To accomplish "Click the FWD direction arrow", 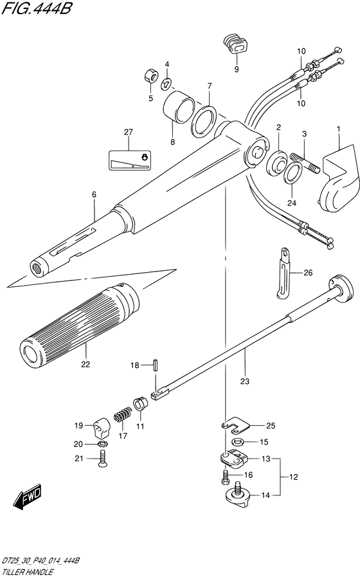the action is [28, 497].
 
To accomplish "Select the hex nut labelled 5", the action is [150, 76].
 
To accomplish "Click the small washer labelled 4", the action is [166, 83].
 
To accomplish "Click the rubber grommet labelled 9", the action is [235, 44].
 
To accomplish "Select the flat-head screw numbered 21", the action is [102, 459].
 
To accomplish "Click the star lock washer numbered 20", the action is [102, 443].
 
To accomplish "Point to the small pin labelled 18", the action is [156, 365].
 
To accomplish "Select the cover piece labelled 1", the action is [339, 178].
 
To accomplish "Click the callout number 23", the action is [245, 381].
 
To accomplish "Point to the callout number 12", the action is [294, 477].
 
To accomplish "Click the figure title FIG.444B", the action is [36, 8].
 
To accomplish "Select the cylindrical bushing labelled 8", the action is [179, 107].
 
